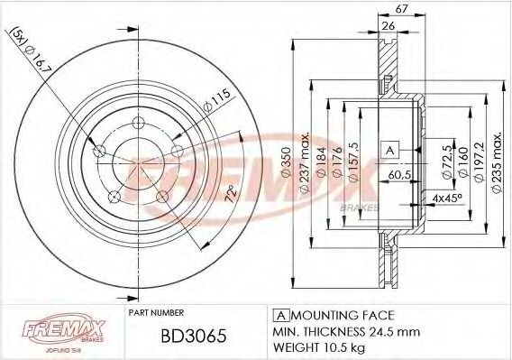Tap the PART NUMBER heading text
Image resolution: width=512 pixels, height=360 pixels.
[157, 313]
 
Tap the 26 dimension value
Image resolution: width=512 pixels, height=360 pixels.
[388, 25]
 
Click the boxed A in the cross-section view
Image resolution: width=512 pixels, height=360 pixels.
[389, 148]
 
